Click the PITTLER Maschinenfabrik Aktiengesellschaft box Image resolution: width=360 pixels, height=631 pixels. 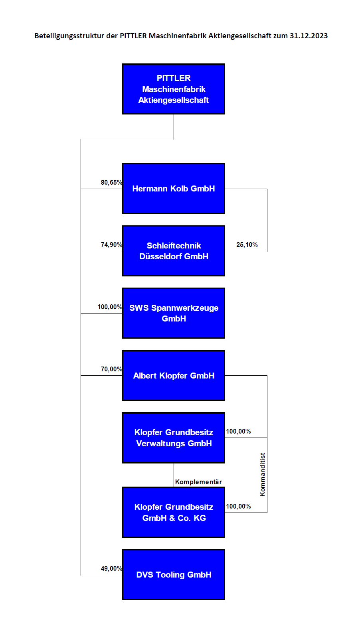point(173,89)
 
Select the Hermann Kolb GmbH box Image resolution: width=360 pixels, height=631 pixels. point(173,189)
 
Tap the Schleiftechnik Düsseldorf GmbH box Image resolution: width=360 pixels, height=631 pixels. point(173,251)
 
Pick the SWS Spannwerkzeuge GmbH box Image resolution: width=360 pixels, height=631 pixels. point(173,313)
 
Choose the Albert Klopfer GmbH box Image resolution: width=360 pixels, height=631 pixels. point(173,375)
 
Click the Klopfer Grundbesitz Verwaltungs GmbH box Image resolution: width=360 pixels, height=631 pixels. point(173,438)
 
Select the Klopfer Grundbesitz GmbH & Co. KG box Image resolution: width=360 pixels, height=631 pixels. point(173,513)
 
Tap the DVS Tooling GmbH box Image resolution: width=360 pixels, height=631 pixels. point(173,575)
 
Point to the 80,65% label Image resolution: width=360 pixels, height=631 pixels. point(112,183)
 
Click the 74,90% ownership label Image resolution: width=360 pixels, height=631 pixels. point(112,245)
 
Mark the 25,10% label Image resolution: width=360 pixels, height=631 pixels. point(247,245)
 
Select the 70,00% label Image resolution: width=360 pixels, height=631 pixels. point(112,369)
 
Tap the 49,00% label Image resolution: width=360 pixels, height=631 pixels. point(112,569)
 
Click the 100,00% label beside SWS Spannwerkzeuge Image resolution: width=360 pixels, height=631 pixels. point(110,307)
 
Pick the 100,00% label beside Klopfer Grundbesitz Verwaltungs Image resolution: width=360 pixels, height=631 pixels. point(239,432)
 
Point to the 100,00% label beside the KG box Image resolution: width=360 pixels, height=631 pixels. point(239,507)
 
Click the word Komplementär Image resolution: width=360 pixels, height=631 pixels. point(198,482)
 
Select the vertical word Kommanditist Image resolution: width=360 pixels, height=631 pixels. point(263,475)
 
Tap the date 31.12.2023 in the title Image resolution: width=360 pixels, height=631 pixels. point(309,36)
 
